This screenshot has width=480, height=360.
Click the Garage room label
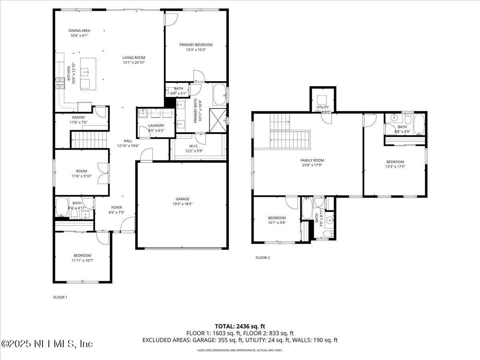182,199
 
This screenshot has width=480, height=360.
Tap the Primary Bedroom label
196,45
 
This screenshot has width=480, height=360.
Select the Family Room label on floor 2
312,160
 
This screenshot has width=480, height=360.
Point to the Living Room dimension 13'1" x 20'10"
134,62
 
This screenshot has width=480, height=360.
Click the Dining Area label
79,30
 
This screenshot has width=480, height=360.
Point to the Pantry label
79,118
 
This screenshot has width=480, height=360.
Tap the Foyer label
116,207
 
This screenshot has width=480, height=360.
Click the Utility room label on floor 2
322,107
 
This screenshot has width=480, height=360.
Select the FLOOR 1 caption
60,297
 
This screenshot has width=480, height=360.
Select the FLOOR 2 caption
262,258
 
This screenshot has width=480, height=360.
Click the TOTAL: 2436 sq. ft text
240,326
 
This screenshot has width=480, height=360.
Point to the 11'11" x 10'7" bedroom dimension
82,260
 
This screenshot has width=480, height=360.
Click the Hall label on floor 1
128,141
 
